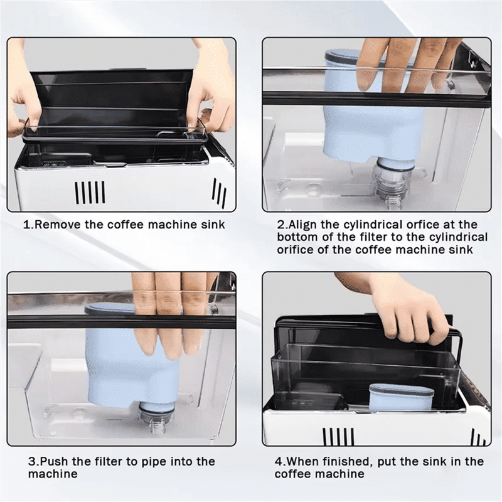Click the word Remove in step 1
pyautogui.click(x=58, y=225)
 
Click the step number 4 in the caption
pyautogui.click(x=278, y=462)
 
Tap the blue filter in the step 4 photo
pyautogui.click(x=402, y=397)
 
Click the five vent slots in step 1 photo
pyautogui.click(x=90, y=192)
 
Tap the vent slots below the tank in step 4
pyautogui.click(x=339, y=437)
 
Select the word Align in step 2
pyautogui.click(x=303, y=225)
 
